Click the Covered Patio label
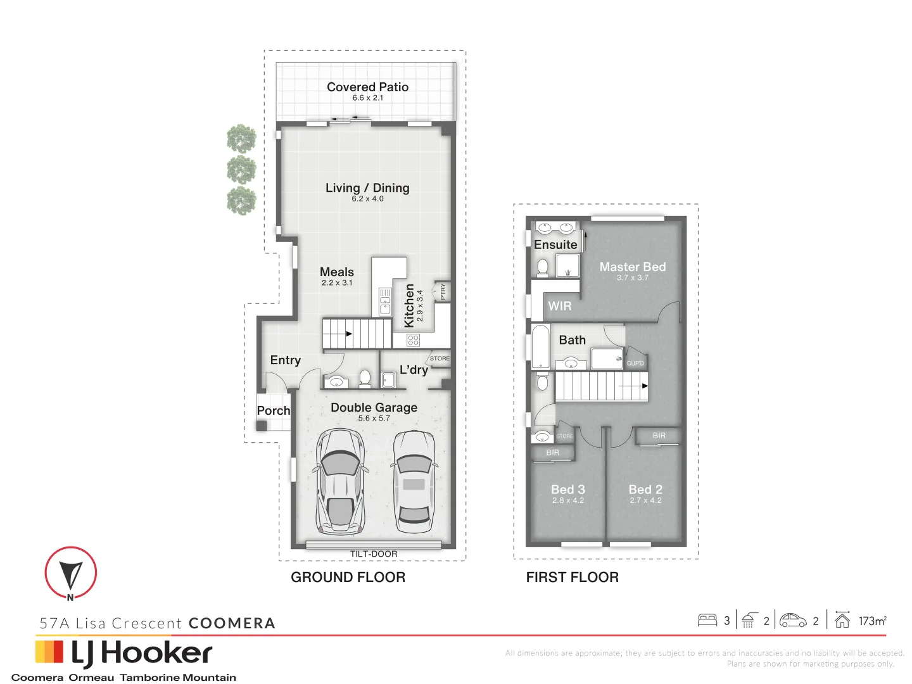[367, 87]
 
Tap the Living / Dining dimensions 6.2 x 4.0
[367, 199]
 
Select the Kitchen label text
[409, 305]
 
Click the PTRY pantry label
[443, 291]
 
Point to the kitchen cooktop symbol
[414, 340]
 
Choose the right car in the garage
[414, 481]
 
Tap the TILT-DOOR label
[374, 554]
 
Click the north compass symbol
[70, 573]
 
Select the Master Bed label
[632, 267]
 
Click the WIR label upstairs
[560, 306]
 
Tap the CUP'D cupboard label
[635, 363]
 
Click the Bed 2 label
[645, 490]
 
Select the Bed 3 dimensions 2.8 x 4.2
[568, 500]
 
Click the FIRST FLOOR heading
[572, 577]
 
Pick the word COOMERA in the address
[232, 623]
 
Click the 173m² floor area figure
[872, 621]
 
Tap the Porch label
[274, 410]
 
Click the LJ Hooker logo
[124, 654]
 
